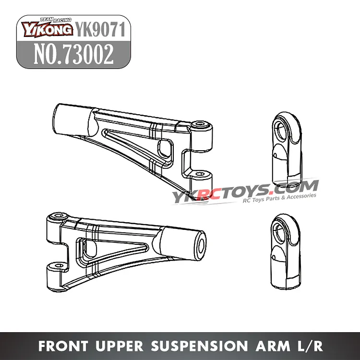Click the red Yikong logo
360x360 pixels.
pos(47,28)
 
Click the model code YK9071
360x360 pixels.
pos(101,30)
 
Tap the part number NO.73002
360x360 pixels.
pos(74,54)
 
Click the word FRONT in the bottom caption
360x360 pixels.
pos(63,346)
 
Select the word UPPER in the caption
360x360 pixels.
pos(120,346)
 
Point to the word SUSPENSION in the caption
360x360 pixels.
pos(199,346)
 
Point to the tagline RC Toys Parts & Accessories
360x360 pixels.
pos(279,198)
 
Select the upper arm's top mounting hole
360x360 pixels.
pos(200,124)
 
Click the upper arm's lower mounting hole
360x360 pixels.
pos(199,174)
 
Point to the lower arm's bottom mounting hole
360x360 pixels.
pos(59,265)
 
